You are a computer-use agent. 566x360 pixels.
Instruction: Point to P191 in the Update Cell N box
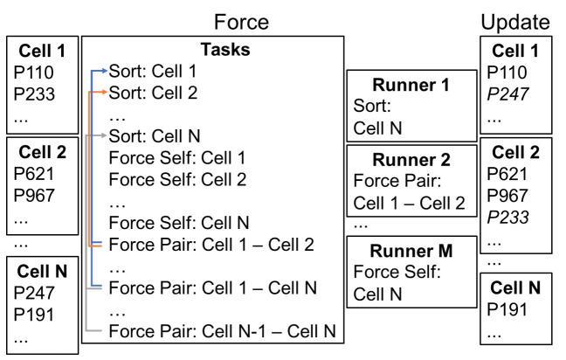(x=506, y=308)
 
